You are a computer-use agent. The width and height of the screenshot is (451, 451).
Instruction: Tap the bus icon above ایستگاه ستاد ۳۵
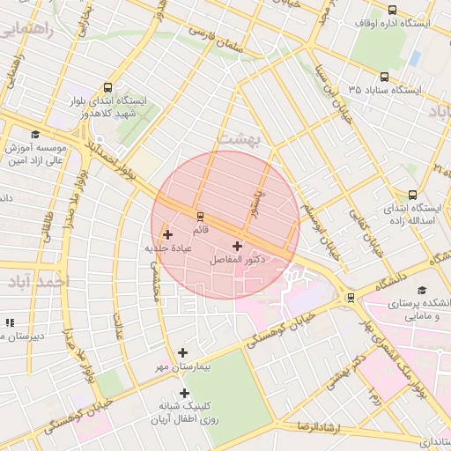click(384, 78)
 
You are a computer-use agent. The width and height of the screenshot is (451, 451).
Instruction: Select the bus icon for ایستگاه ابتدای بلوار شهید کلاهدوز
click(107, 87)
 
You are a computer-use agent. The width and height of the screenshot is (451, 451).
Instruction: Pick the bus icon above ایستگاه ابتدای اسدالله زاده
click(412, 196)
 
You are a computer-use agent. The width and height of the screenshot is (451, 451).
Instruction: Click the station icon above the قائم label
click(199, 216)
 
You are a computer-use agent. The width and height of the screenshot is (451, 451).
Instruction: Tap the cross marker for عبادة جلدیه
click(168, 234)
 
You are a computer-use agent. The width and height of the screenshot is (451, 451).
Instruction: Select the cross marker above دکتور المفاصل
click(238, 247)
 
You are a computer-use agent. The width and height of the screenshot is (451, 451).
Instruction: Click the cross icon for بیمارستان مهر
click(182, 351)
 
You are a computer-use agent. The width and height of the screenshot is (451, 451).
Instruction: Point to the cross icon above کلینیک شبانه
click(184, 393)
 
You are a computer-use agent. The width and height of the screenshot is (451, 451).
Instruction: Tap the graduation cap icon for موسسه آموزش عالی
click(34, 135)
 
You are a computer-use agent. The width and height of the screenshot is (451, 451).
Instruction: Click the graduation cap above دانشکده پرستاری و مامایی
click(421, 290)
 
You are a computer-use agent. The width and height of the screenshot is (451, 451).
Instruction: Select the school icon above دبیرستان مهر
click(10, 323)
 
